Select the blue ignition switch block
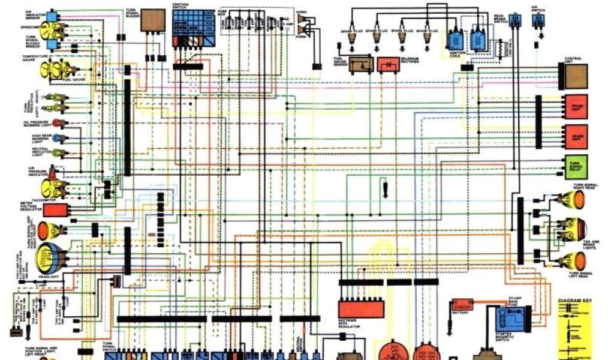pos(194,27)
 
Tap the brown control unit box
pos(576,76)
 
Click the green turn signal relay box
pos(576,167)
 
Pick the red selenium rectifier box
pos(389,64)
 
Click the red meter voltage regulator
pos(56,210)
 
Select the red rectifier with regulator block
pos(361,308)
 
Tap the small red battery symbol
pos(462,304)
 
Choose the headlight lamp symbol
pos(49,259)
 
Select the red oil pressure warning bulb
pos(57,123)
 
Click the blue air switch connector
pos(538,20)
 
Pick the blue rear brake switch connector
pos(514,20)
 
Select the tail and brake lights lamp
pos(574,229)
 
